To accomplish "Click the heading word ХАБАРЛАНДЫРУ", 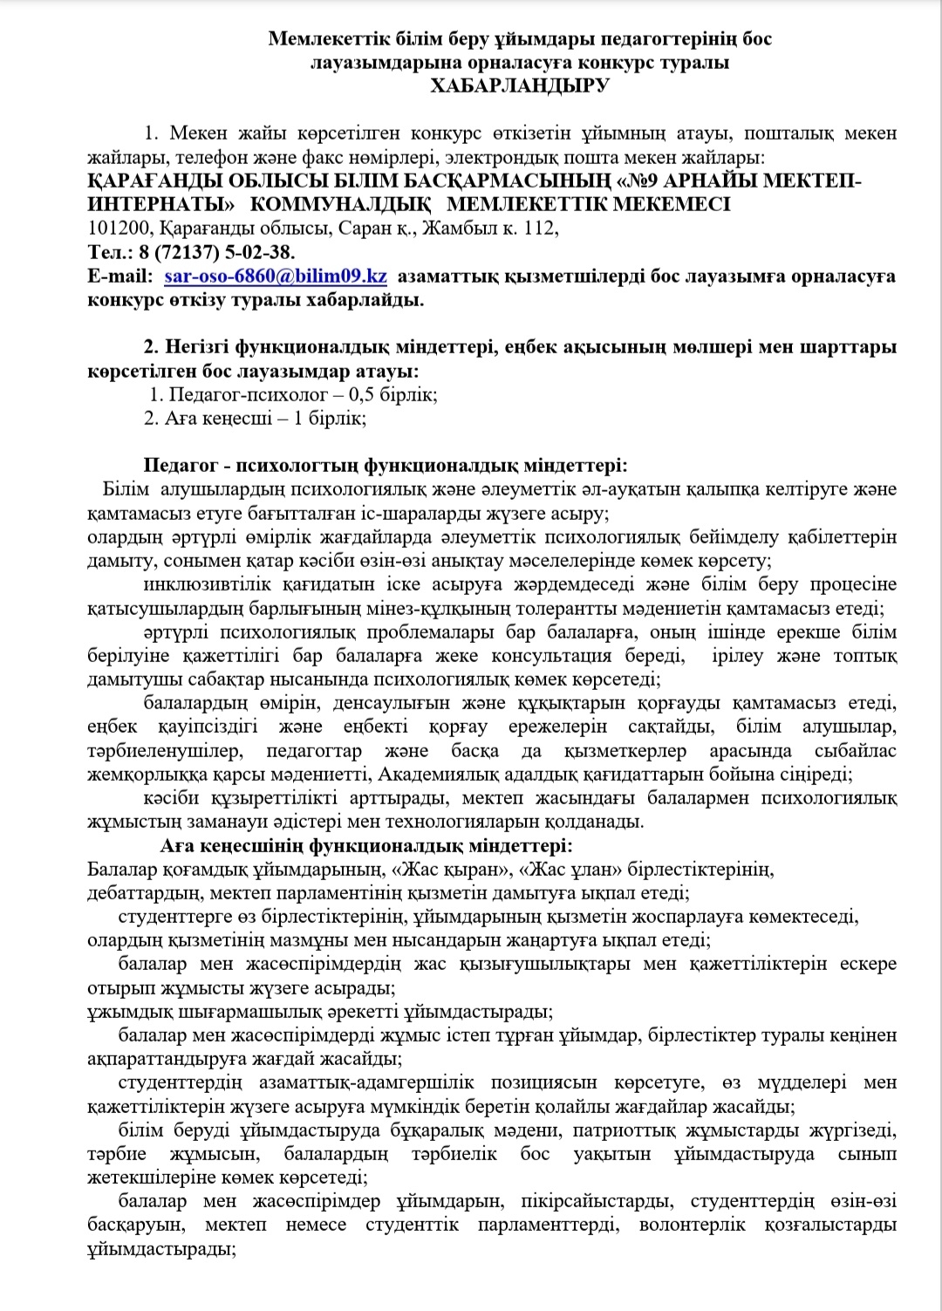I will tap(520, 85).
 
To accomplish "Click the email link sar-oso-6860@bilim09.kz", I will tap(276, 277).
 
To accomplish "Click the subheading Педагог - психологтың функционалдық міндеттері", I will tap(385, 465).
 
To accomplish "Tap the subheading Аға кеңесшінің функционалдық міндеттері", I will tap(366, 845).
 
